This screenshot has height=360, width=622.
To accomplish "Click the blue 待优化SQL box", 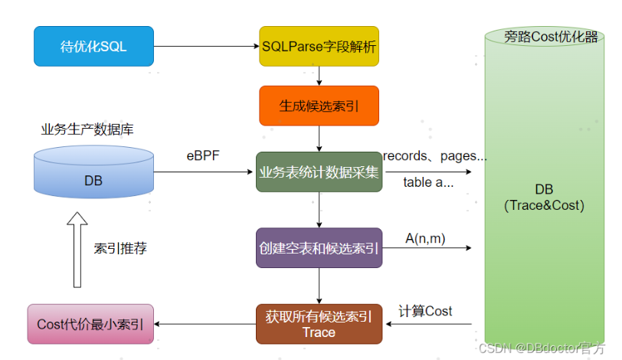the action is [x=93, y=47].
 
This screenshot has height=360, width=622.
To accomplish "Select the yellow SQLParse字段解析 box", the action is [x=319, y=47].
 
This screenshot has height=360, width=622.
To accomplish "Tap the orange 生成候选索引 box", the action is [x=319, y=106].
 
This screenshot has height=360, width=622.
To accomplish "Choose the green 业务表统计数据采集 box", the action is [x=319, y=172].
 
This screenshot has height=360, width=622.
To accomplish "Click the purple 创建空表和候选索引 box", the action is [x=319, y=248].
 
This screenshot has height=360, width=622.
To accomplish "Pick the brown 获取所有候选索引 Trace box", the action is [x=319, y=324].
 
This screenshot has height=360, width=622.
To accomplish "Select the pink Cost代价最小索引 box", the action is [x=90, y=324].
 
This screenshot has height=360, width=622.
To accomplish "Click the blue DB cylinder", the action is [x=93, y=172].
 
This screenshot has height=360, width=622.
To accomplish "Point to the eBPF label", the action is [x=203, y=155].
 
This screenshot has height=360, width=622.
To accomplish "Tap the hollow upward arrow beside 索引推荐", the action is [x=77, y=250].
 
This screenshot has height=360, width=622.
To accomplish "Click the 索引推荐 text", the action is [x=120, y=249].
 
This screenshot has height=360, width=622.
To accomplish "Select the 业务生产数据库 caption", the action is [x=87, y=129].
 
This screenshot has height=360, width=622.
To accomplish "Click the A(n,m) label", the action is [x=425, y=239].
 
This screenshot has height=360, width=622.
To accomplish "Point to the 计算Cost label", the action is [x=425, y=311].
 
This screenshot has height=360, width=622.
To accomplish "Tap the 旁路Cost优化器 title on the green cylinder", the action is [x=551, y=37].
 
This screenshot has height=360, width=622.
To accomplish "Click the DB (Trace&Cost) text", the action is [x=544, y=198].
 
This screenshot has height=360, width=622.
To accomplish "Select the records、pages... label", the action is [x=435, y=156].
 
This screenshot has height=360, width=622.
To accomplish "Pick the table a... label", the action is [x=428, y=182].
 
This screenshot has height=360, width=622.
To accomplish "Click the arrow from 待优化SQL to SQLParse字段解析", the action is [x=206, y=47].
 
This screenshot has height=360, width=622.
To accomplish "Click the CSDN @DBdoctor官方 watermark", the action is [x=542, y=348].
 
